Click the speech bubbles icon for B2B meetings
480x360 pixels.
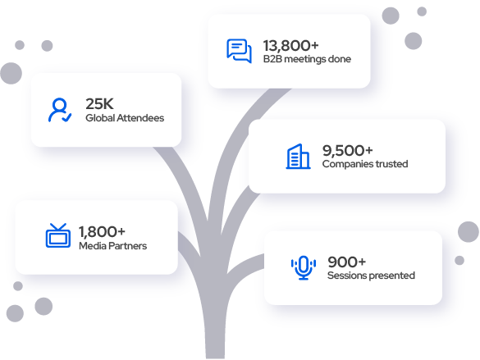click(239, 51)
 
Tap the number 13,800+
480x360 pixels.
click(290, 46)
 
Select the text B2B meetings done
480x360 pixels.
click(307, 59)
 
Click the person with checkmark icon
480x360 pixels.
click(60, 110)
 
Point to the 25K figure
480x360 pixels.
click(99, 104)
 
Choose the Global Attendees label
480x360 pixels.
click(125, 118)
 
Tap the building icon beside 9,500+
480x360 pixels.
click(298, 157)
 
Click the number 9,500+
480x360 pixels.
click(348, 151)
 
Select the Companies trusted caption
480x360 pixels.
click(365, 164)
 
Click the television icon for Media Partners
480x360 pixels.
click(58, 235)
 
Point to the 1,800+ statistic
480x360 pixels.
click(103, 232)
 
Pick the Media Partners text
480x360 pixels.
click(113, 246)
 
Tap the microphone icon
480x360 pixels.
click(304, 267)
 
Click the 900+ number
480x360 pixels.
click(347, 262)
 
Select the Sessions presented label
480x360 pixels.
click(372, 276)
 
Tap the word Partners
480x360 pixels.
click(128, 246)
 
